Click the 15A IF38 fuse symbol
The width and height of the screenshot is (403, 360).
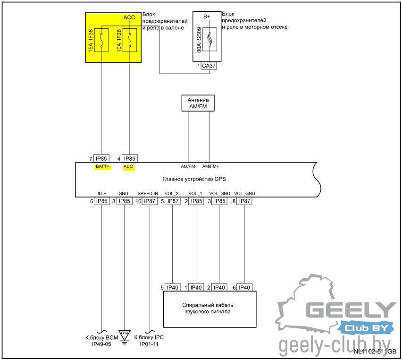[x=101, y=39]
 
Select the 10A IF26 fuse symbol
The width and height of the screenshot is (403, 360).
[x=129, y=39]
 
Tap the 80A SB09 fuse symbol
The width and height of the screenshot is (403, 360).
[x=210, y=39]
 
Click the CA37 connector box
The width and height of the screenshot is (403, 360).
[x=209, y=66]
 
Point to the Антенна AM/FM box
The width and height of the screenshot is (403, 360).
[x=198, y=103]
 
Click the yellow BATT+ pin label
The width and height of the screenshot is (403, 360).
[x=102, y=167]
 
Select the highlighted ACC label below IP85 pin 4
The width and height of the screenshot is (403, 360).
[x=129, y=167]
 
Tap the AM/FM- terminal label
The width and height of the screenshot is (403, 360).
[x=188, y=166]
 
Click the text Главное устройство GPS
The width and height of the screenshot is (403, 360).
[x=194, y=179]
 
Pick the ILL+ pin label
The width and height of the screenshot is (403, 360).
[x=102, y=193]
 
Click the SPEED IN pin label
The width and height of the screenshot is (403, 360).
[x=148, y=193]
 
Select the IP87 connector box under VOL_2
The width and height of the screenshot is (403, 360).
[x=173, y=201]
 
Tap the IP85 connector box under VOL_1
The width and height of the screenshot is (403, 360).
[x=196, y=201]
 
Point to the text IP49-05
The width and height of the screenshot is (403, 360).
[x=101, y=344]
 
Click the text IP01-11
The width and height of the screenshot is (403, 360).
[x=149, y=344]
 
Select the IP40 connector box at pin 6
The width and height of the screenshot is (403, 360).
[x=244, y=287]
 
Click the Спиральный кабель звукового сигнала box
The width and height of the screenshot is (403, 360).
[x=210, y=309]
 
